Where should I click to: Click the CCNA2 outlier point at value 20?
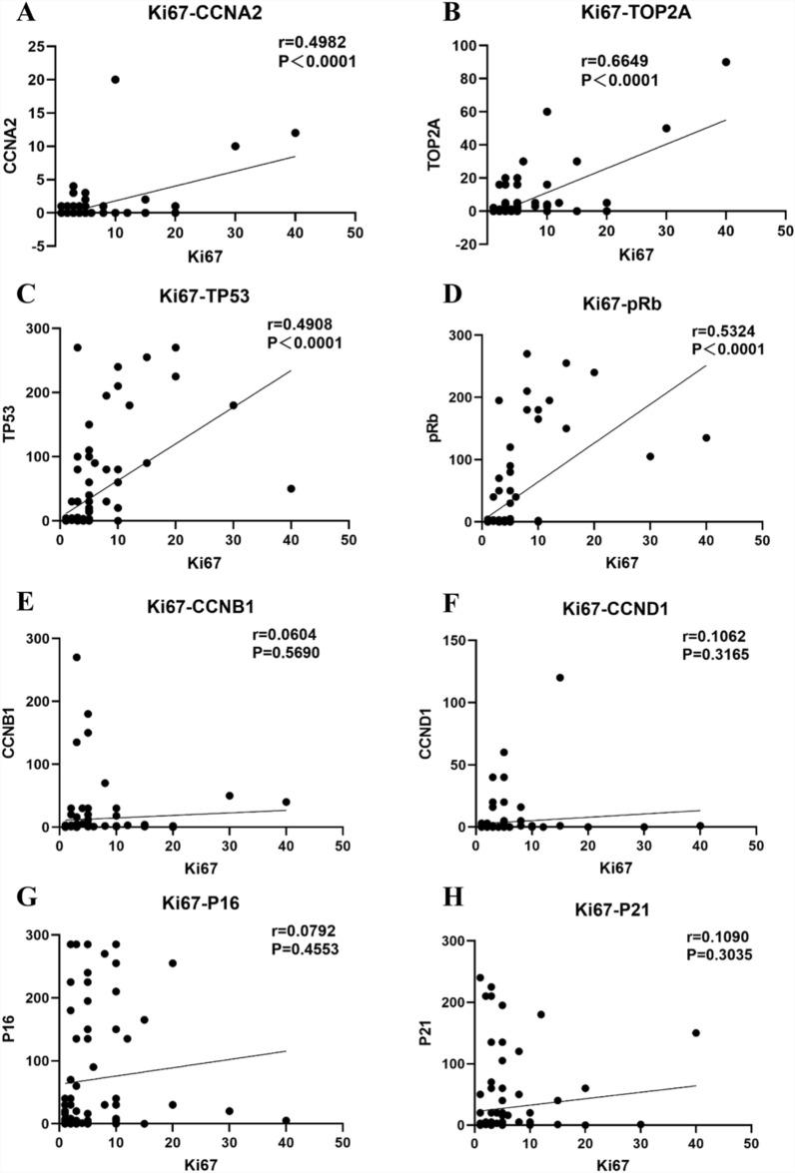click(x=116, y=80)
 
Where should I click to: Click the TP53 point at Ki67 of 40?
click(x=291, y=488)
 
